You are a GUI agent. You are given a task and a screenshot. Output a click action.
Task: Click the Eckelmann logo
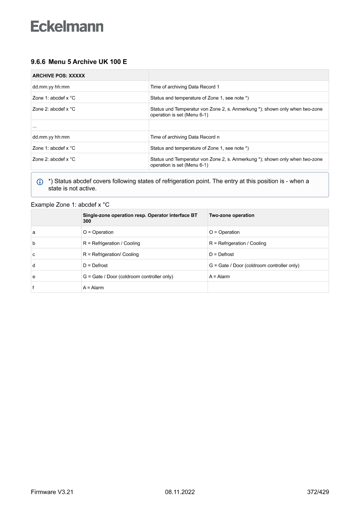67,26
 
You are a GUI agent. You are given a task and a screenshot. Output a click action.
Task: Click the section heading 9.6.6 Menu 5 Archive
79,62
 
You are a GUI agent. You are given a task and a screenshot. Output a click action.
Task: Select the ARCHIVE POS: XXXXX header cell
59,75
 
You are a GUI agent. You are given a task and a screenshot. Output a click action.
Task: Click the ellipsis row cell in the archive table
34,125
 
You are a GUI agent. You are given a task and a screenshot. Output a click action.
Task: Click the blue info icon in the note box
40,182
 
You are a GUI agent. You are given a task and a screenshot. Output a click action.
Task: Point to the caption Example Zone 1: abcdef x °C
70,204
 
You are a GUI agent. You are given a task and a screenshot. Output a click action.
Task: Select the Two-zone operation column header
232,215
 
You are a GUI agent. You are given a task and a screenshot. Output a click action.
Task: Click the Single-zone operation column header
140,218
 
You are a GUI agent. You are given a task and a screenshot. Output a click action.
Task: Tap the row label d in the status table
34,265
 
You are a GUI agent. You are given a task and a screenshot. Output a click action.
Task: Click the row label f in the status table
34,287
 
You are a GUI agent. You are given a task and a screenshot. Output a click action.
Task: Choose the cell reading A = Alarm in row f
93,287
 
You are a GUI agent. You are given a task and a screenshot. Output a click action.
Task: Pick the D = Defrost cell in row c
221,254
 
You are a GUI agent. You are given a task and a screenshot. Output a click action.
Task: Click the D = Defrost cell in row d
95,265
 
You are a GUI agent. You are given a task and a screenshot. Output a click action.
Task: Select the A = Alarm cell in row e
219,276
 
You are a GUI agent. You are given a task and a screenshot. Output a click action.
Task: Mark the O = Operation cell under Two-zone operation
224,232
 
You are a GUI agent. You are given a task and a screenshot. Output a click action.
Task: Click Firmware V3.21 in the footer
52,492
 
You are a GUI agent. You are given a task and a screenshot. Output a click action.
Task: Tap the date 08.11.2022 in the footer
180,492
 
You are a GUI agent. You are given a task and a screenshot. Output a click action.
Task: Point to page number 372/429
318,492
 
